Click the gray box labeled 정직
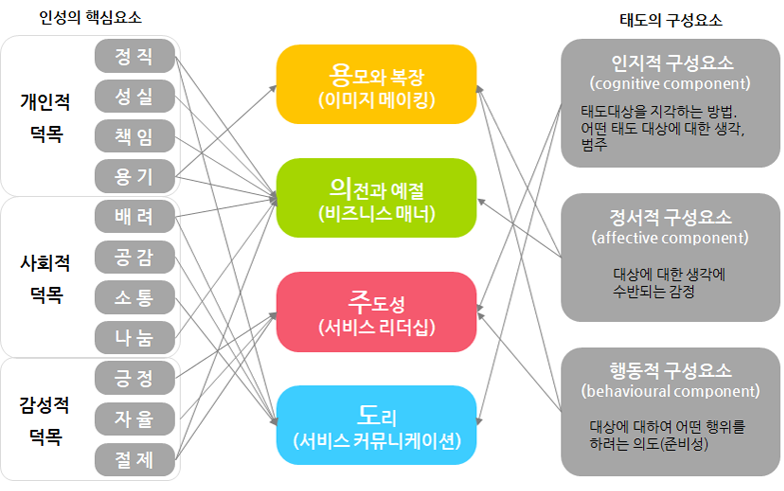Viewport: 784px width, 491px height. click(x=135, y=56)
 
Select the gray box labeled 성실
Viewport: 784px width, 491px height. click(x=135, y=96)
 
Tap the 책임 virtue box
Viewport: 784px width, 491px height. click(x=135, y=136)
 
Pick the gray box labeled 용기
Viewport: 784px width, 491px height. click(x=135, y=177)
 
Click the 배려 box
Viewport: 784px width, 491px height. click(x=135, y=217)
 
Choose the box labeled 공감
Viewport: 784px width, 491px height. click(x=135, y=257)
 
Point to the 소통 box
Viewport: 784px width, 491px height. click(x=135, y=297)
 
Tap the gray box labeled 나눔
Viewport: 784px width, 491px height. click(x=135, y=337)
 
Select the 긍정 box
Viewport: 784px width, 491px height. click(x=135, y=378)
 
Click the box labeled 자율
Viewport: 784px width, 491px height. click(x=135, y=418)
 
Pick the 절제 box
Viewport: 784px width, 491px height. click(x=135, y=458)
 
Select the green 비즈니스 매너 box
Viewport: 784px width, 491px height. click(x=376, y=197)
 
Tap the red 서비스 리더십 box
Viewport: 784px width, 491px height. click(x=376, y=311)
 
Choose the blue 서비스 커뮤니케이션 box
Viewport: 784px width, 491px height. click(x=376, y=424)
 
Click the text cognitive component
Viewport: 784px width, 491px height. click(x=670, y=83)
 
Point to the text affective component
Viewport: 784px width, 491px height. click(x=670, y=238)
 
